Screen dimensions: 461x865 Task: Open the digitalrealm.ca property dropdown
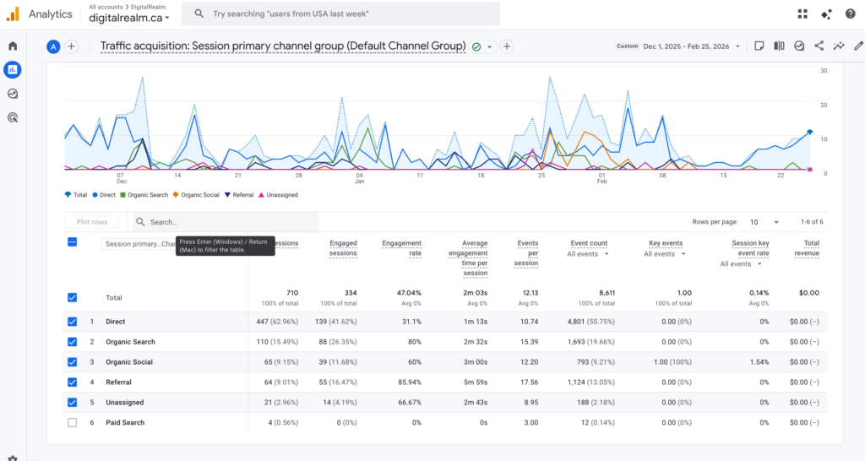tap(129, 18)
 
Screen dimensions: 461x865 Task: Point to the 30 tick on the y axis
tap(823, 71)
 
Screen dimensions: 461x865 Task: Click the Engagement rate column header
tap(402, 248)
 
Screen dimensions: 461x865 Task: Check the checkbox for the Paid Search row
tap(72, 423)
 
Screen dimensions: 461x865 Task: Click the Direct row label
tap(115, 322)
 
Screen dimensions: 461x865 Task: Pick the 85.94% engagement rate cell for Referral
tap(406, 382)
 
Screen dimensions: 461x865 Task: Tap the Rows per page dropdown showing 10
tap(759, 222)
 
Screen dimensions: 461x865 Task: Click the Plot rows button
tap(92, 222)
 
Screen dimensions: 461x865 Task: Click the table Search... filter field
tap(228, 222)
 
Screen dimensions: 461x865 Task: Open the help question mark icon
tap(850, 14)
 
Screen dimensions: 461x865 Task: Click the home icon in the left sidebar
tap(13, 46)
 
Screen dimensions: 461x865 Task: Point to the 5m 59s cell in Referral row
tap(477, 382)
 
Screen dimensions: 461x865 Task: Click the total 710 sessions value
tap(291, 293)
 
